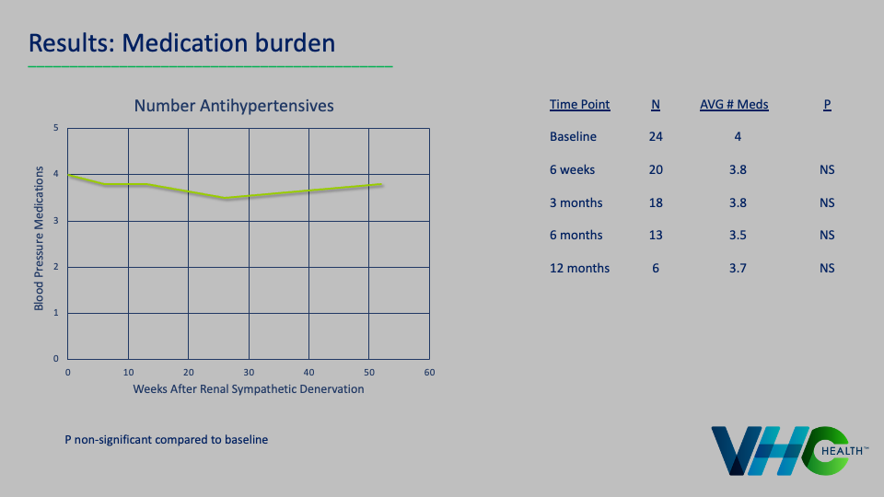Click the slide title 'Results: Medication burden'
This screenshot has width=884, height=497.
point(181,42)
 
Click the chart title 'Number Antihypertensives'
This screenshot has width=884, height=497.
point(234,106)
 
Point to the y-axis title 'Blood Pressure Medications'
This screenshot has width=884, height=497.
point(39,238)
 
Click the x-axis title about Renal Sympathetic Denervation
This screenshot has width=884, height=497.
point(248,389)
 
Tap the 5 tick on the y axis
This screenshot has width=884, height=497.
point(56,128)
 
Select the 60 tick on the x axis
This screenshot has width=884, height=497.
point(429,373)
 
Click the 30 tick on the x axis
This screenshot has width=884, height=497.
point(249,373)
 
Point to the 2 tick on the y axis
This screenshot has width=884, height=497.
point(56,267)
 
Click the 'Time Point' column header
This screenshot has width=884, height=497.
point(579,105)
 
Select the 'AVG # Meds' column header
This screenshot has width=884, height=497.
point(734,105)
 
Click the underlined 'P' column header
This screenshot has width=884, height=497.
point(827,105)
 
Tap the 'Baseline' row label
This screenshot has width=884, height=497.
point(573,137)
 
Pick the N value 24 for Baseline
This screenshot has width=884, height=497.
point(656,137)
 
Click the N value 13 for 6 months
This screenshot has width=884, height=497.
point(656,236)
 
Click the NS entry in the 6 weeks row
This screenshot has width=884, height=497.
point(827,170)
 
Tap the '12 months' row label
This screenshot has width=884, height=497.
point(579,269)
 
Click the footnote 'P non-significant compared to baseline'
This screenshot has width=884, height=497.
point(166,440)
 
